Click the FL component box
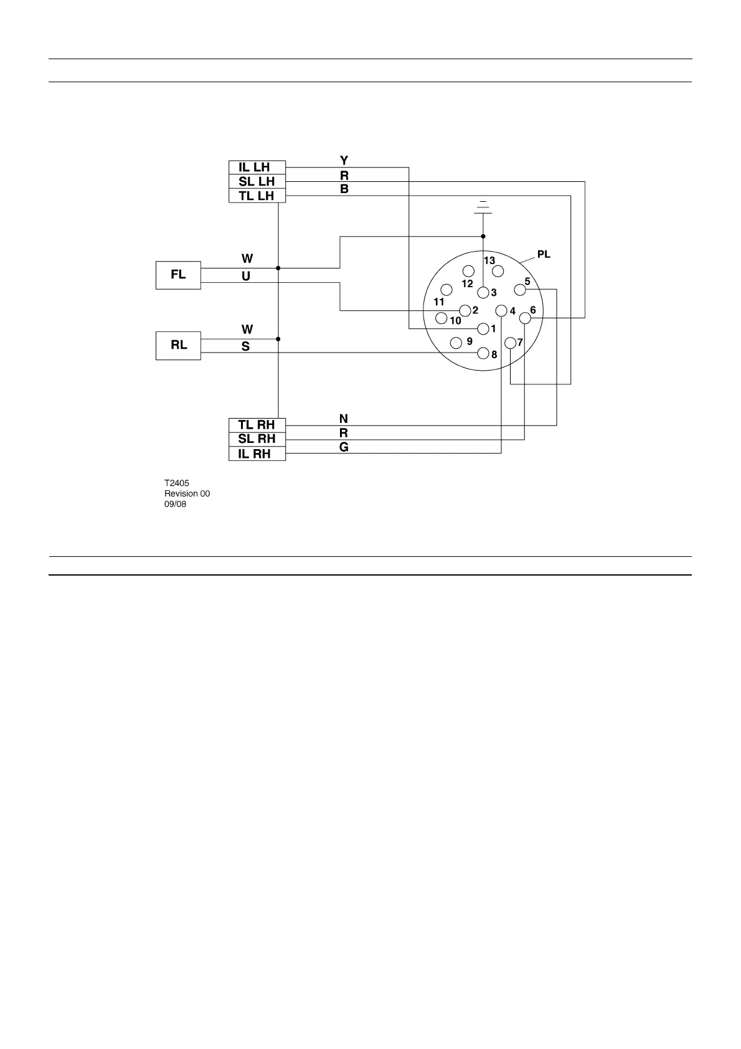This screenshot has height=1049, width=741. [178, 275]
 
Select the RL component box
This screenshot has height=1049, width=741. [178, 346]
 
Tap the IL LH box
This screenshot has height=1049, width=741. [257, 168]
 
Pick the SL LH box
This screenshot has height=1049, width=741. [257, 182]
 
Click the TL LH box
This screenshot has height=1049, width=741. [257, 196]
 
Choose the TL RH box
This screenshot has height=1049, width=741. [257, 425]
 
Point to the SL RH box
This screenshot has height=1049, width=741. [257, 440]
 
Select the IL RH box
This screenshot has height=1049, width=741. [257, 454]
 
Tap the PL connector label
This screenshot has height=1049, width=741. [544, 255]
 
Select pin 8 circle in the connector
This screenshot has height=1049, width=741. [483, 353]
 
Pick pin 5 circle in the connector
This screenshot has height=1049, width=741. [520, 290]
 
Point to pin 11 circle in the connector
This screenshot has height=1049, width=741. [446, 290]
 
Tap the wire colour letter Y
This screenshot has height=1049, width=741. [344, 161]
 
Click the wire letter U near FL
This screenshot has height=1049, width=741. [246, 276]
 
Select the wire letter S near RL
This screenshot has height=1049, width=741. [246, 347]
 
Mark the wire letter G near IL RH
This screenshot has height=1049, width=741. [344, 447]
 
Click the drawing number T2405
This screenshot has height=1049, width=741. [177, 483]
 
